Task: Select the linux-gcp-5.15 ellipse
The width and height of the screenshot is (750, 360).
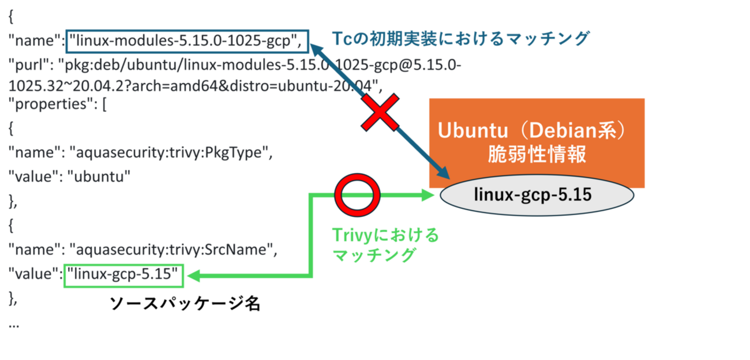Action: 537,196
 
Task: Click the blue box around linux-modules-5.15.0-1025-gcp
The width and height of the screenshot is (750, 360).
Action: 187,41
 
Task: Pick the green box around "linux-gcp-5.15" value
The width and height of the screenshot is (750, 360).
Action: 123,276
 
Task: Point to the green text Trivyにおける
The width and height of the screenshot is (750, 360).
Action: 385,235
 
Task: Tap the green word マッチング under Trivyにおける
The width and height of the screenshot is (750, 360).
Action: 374,254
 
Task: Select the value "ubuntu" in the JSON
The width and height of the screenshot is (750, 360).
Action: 99,175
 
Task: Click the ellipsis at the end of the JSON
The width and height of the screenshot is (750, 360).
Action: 14,325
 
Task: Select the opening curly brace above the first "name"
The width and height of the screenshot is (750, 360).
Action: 11,18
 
